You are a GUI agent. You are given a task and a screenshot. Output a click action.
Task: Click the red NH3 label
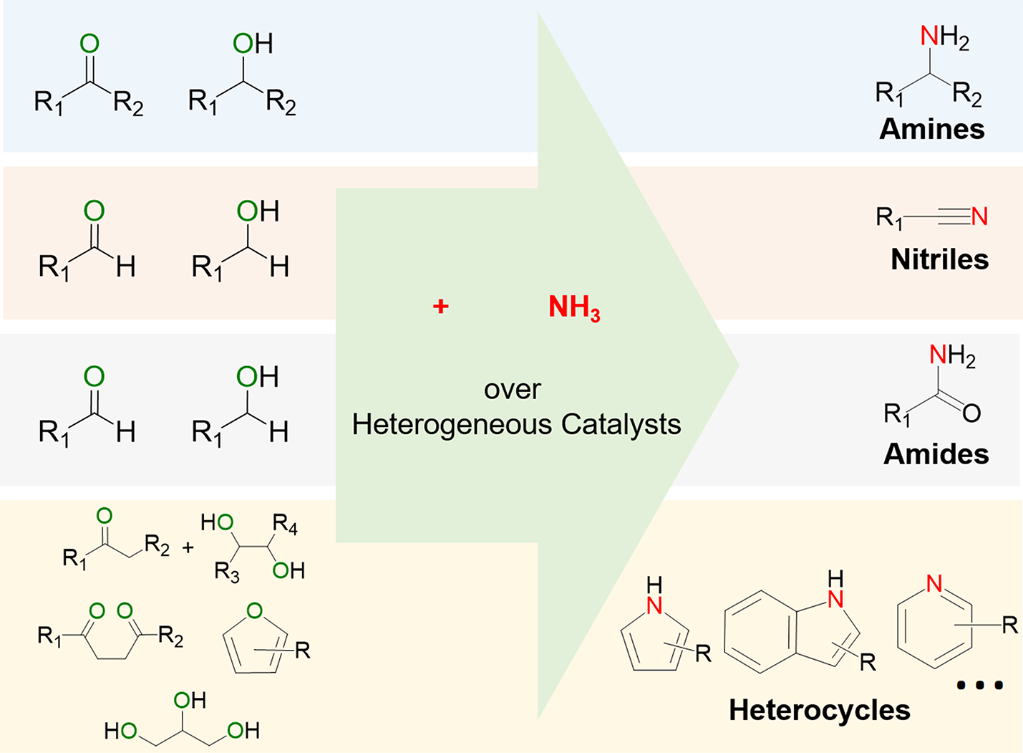[x=574, y=307]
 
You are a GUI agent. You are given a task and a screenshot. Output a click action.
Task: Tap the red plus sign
[x=441, y=307]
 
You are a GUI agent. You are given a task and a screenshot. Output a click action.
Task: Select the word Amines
[x=931, y=129]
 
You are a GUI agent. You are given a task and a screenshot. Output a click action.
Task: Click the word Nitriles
[x=939, y=259]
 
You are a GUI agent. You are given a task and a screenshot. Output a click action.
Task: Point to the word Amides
[x=936, y=454]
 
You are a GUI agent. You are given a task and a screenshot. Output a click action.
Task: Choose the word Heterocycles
[x=819, y=710]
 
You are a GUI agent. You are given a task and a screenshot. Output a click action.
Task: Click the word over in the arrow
[x=513, y=390]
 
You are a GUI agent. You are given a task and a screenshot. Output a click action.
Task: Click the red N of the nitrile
[x=979, y=216]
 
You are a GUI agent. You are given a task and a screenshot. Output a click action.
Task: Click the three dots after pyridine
[x=980, y=686]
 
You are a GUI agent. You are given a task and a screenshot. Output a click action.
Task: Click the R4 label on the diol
[x=285, y=527]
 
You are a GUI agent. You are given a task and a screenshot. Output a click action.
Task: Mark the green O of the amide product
[x=971, y=413]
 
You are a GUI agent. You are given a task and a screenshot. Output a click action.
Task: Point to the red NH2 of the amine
[x=944, y=37]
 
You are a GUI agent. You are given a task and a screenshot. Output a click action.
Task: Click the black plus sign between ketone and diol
[x=188, y=548]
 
